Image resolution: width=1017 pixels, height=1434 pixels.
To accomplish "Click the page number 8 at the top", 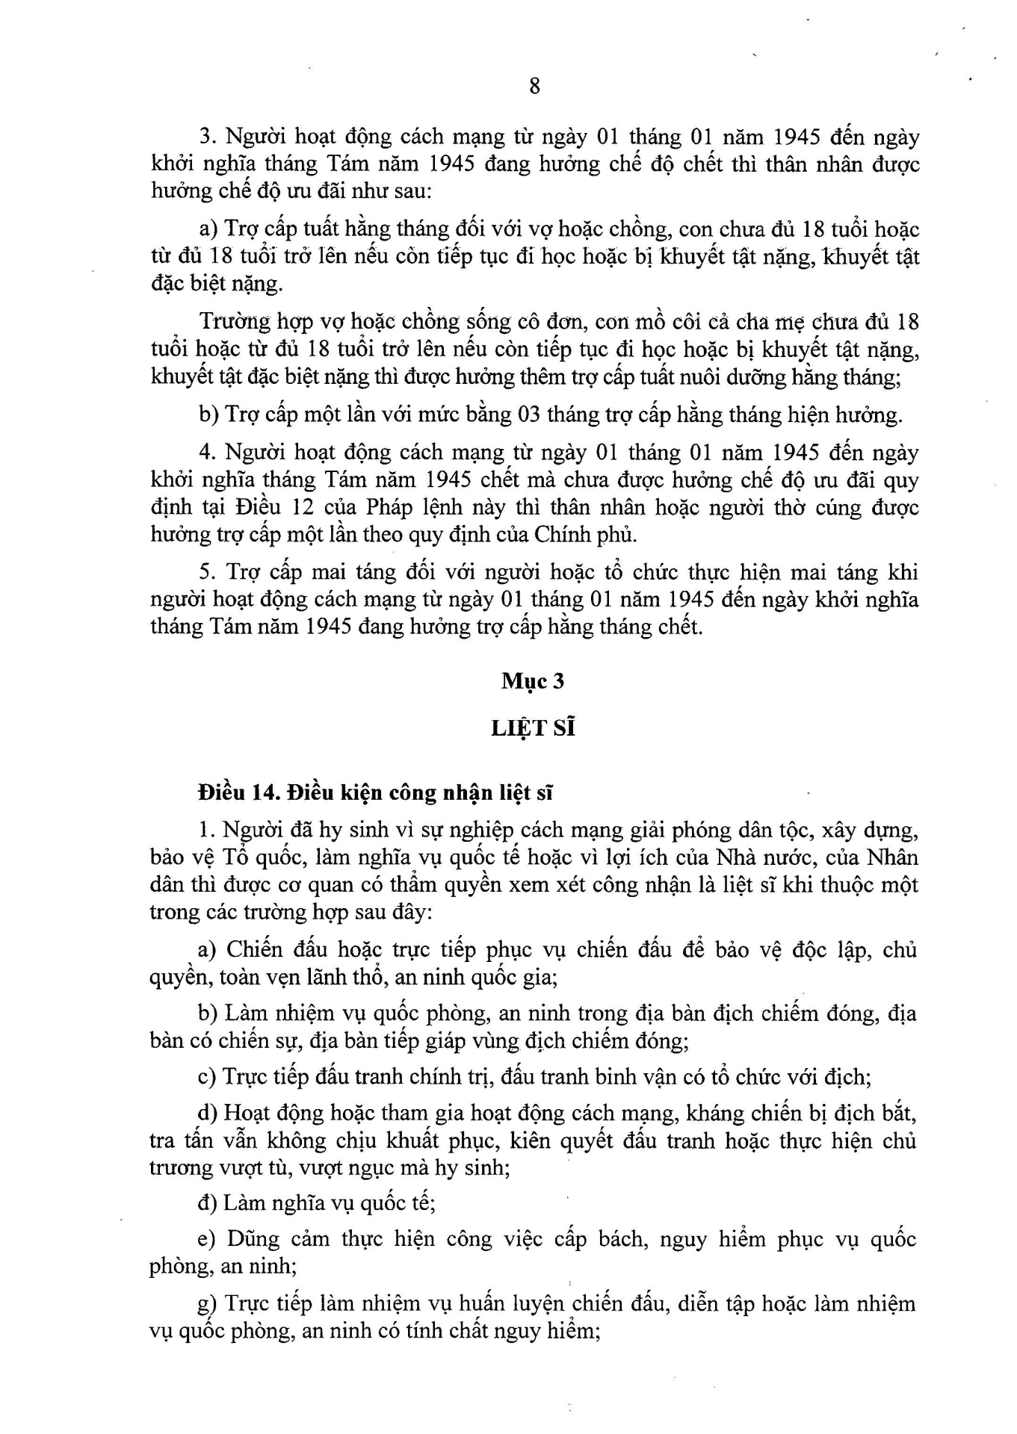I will tap(534, 87).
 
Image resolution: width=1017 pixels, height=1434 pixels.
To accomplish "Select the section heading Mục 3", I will tap(533, 680).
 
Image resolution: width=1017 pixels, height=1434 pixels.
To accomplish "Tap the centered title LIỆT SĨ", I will tap(533, 727).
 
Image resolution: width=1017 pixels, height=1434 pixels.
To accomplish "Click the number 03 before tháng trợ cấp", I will tap(529, 415).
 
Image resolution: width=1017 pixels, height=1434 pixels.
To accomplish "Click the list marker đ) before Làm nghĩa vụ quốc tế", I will tap(207, 1203).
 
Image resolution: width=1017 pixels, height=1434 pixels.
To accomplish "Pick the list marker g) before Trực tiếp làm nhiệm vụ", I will tap(206, 1304).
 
